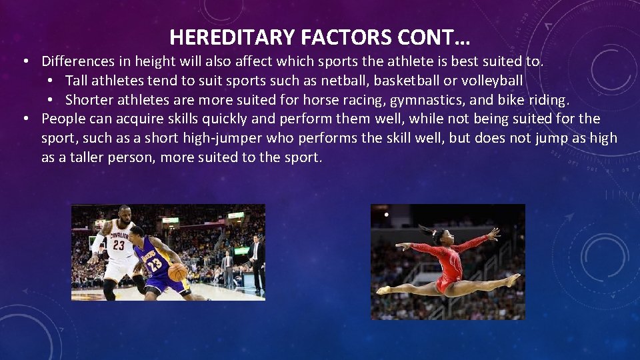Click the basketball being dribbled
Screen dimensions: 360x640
(178, 271)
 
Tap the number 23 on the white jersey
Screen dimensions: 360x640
(118, 245)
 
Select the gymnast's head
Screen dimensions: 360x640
(441, 236)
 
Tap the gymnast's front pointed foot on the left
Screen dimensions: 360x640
(383, 290)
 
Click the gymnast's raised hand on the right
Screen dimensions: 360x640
(493, 233)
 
